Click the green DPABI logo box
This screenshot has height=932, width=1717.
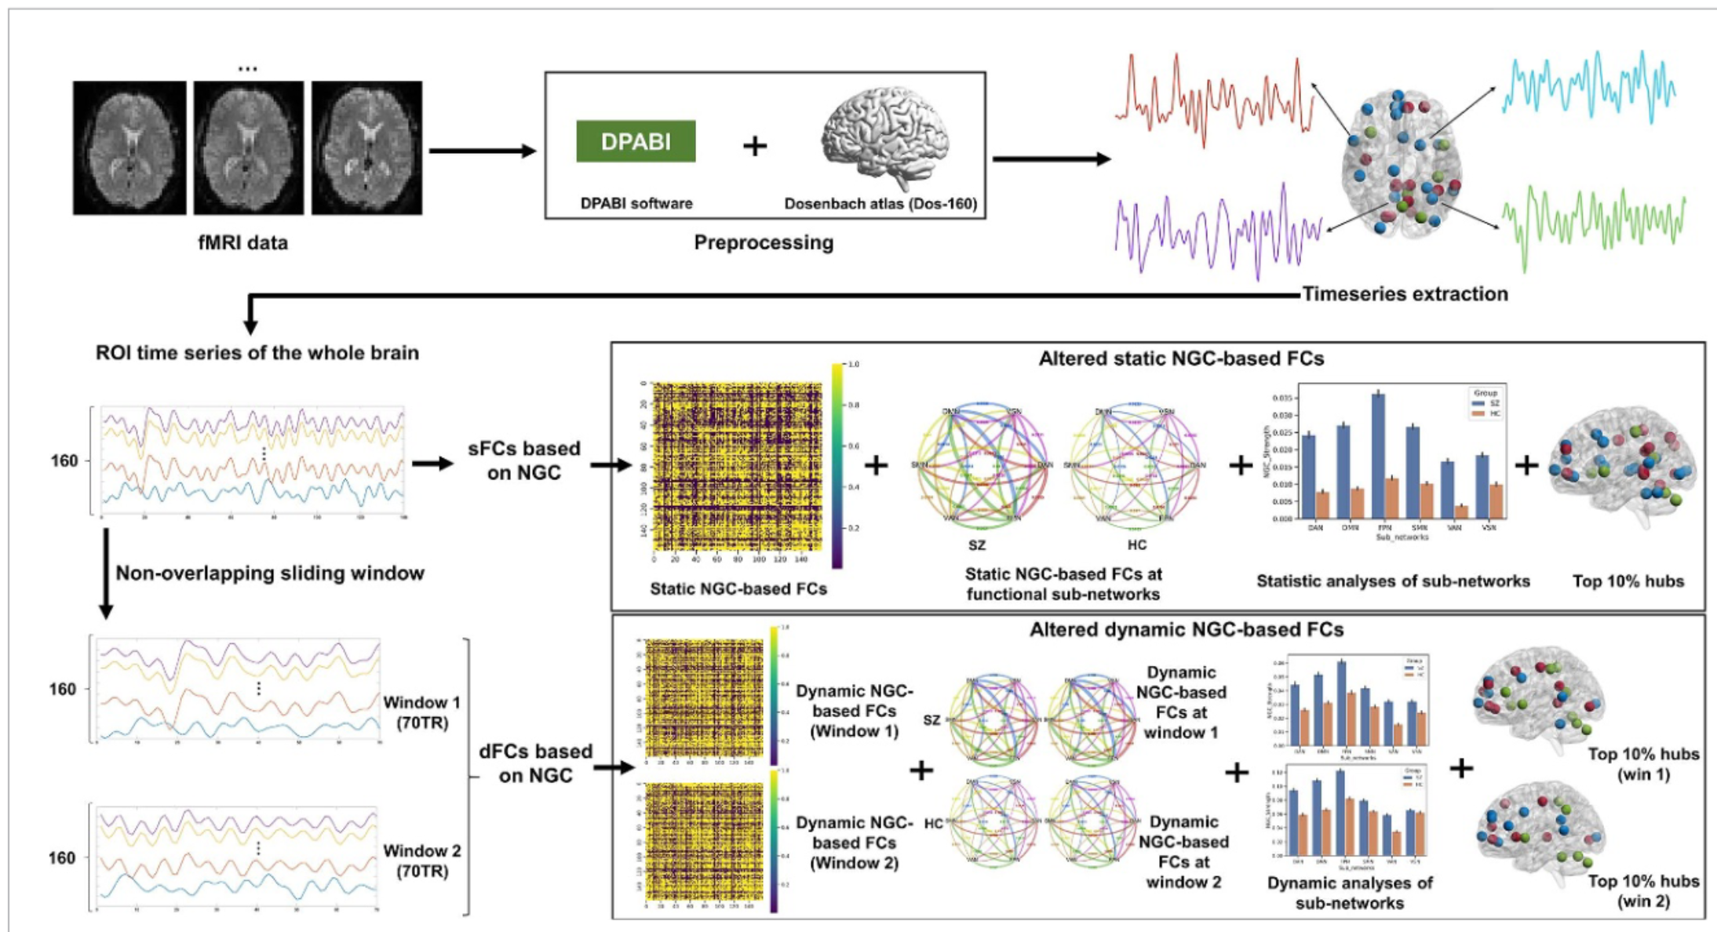(x=636, y=141)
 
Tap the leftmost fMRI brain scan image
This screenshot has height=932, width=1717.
(x=129, y=147)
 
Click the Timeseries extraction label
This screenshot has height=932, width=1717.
(x=1405, y=294)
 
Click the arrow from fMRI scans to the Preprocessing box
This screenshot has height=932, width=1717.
(x=482, y=151)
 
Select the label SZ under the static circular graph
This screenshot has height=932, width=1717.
(x=976, y=545)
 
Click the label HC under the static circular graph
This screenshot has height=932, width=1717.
(x=1136, y=545)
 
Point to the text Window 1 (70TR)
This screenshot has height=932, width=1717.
(x=421, y=712)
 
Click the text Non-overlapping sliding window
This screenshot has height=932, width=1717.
(x=270, y=573)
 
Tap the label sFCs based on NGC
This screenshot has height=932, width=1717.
(x=523, y=461)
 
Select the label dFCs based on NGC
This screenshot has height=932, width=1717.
(x=535, y=763)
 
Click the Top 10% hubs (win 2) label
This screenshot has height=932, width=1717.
(x=1643, y=891)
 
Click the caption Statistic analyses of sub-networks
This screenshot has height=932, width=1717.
(x=1393, y=581)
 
